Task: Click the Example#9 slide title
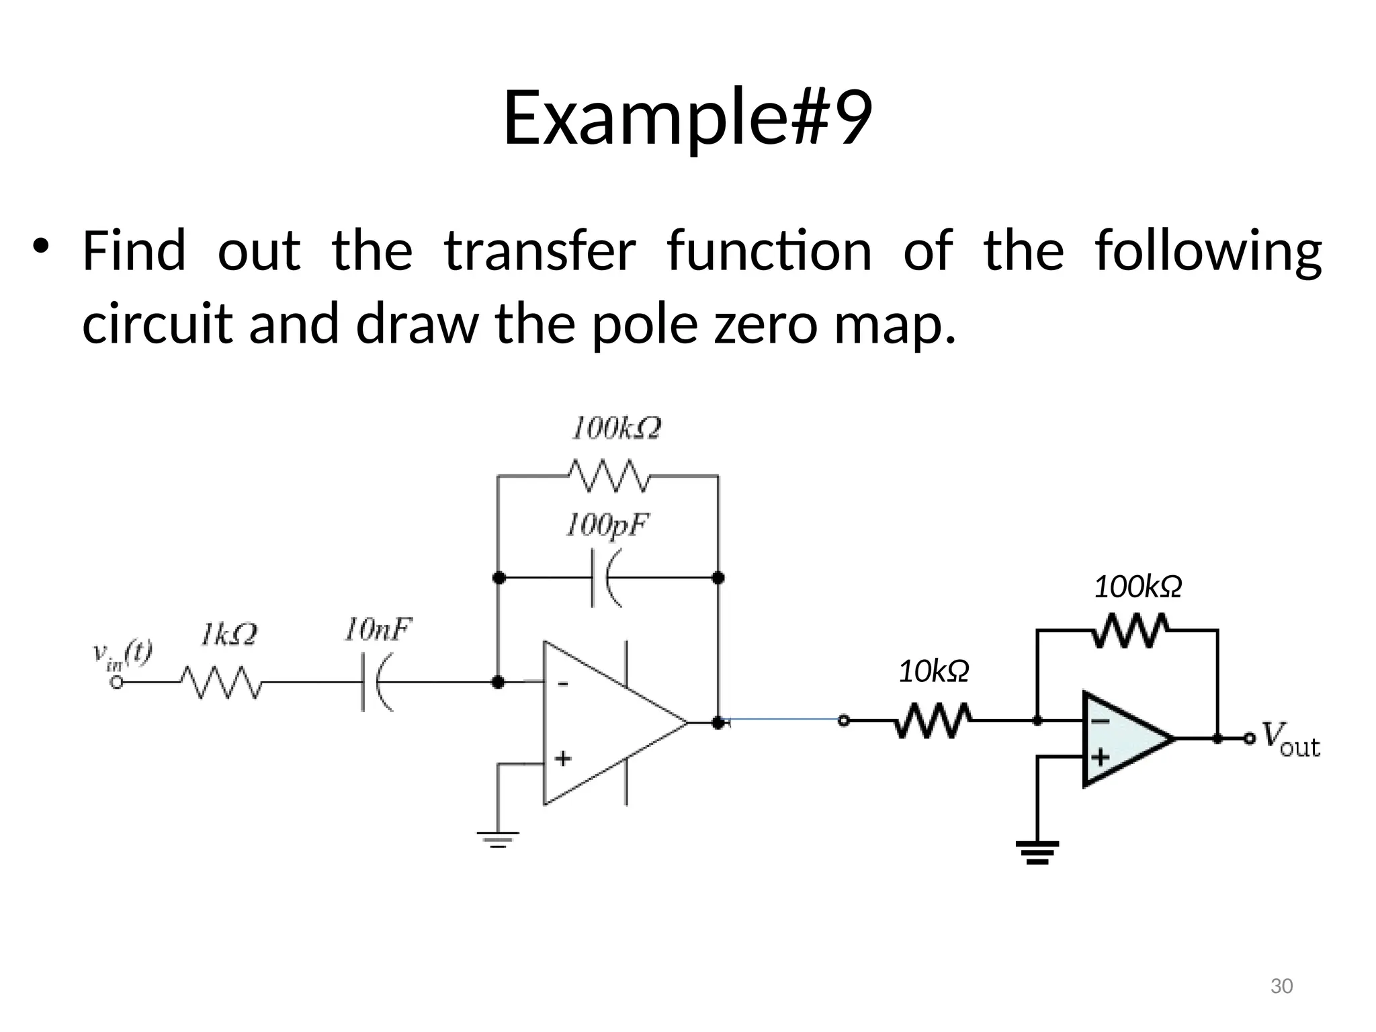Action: coord(687,118)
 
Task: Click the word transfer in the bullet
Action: coord(540,251)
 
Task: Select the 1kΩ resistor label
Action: coord(228,635)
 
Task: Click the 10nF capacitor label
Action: coord(378,630)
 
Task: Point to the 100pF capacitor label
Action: coord(607,525)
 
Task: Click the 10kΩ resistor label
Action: coord(934,671)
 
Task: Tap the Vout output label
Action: coord(1290,740)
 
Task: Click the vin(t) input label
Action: coord(122,654)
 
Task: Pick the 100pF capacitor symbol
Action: coord(607,578)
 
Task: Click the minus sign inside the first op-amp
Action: coord(563,684)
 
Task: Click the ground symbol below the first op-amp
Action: coord(498,838)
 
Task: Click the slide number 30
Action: coord(1281,986)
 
